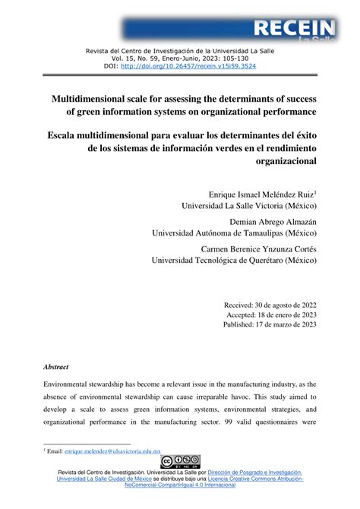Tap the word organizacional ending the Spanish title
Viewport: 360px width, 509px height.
pyautogui.click(x=280, y=160)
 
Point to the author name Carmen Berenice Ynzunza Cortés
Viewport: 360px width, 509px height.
pyautogui.click(x=258, y=248)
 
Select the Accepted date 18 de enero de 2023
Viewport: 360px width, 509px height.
pyautogui.click(x=289, y=314)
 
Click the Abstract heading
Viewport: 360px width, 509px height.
pyautogui.click(x=55, y=366)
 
